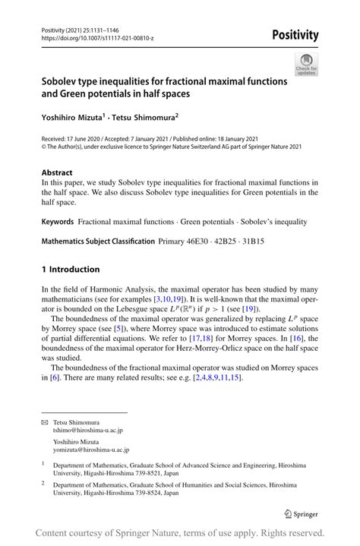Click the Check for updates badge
(306, 65)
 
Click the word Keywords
(58, 222)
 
